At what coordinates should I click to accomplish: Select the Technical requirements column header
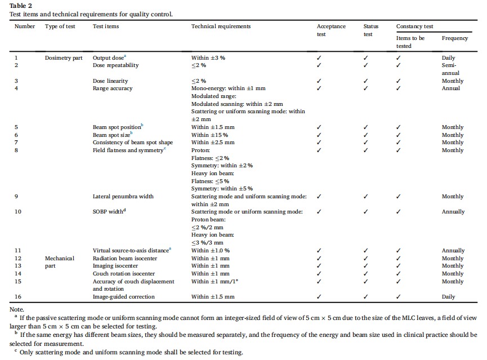[221, 26]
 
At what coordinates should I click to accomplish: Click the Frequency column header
[454, 38]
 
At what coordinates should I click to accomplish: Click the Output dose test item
[109, 57]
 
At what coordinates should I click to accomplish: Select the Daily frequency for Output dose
[448, 57]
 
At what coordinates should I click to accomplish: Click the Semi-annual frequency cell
[450, 69]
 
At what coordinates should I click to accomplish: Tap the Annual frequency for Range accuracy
[451, 88]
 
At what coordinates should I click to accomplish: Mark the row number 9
[16, 197]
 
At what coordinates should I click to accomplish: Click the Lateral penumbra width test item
[123, 197]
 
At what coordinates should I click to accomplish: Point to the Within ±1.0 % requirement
[212, 251]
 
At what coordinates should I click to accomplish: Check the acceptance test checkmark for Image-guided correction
[319, 297]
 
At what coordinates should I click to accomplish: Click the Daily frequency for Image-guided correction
[448, 297]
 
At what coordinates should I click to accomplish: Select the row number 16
[18, 297]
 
